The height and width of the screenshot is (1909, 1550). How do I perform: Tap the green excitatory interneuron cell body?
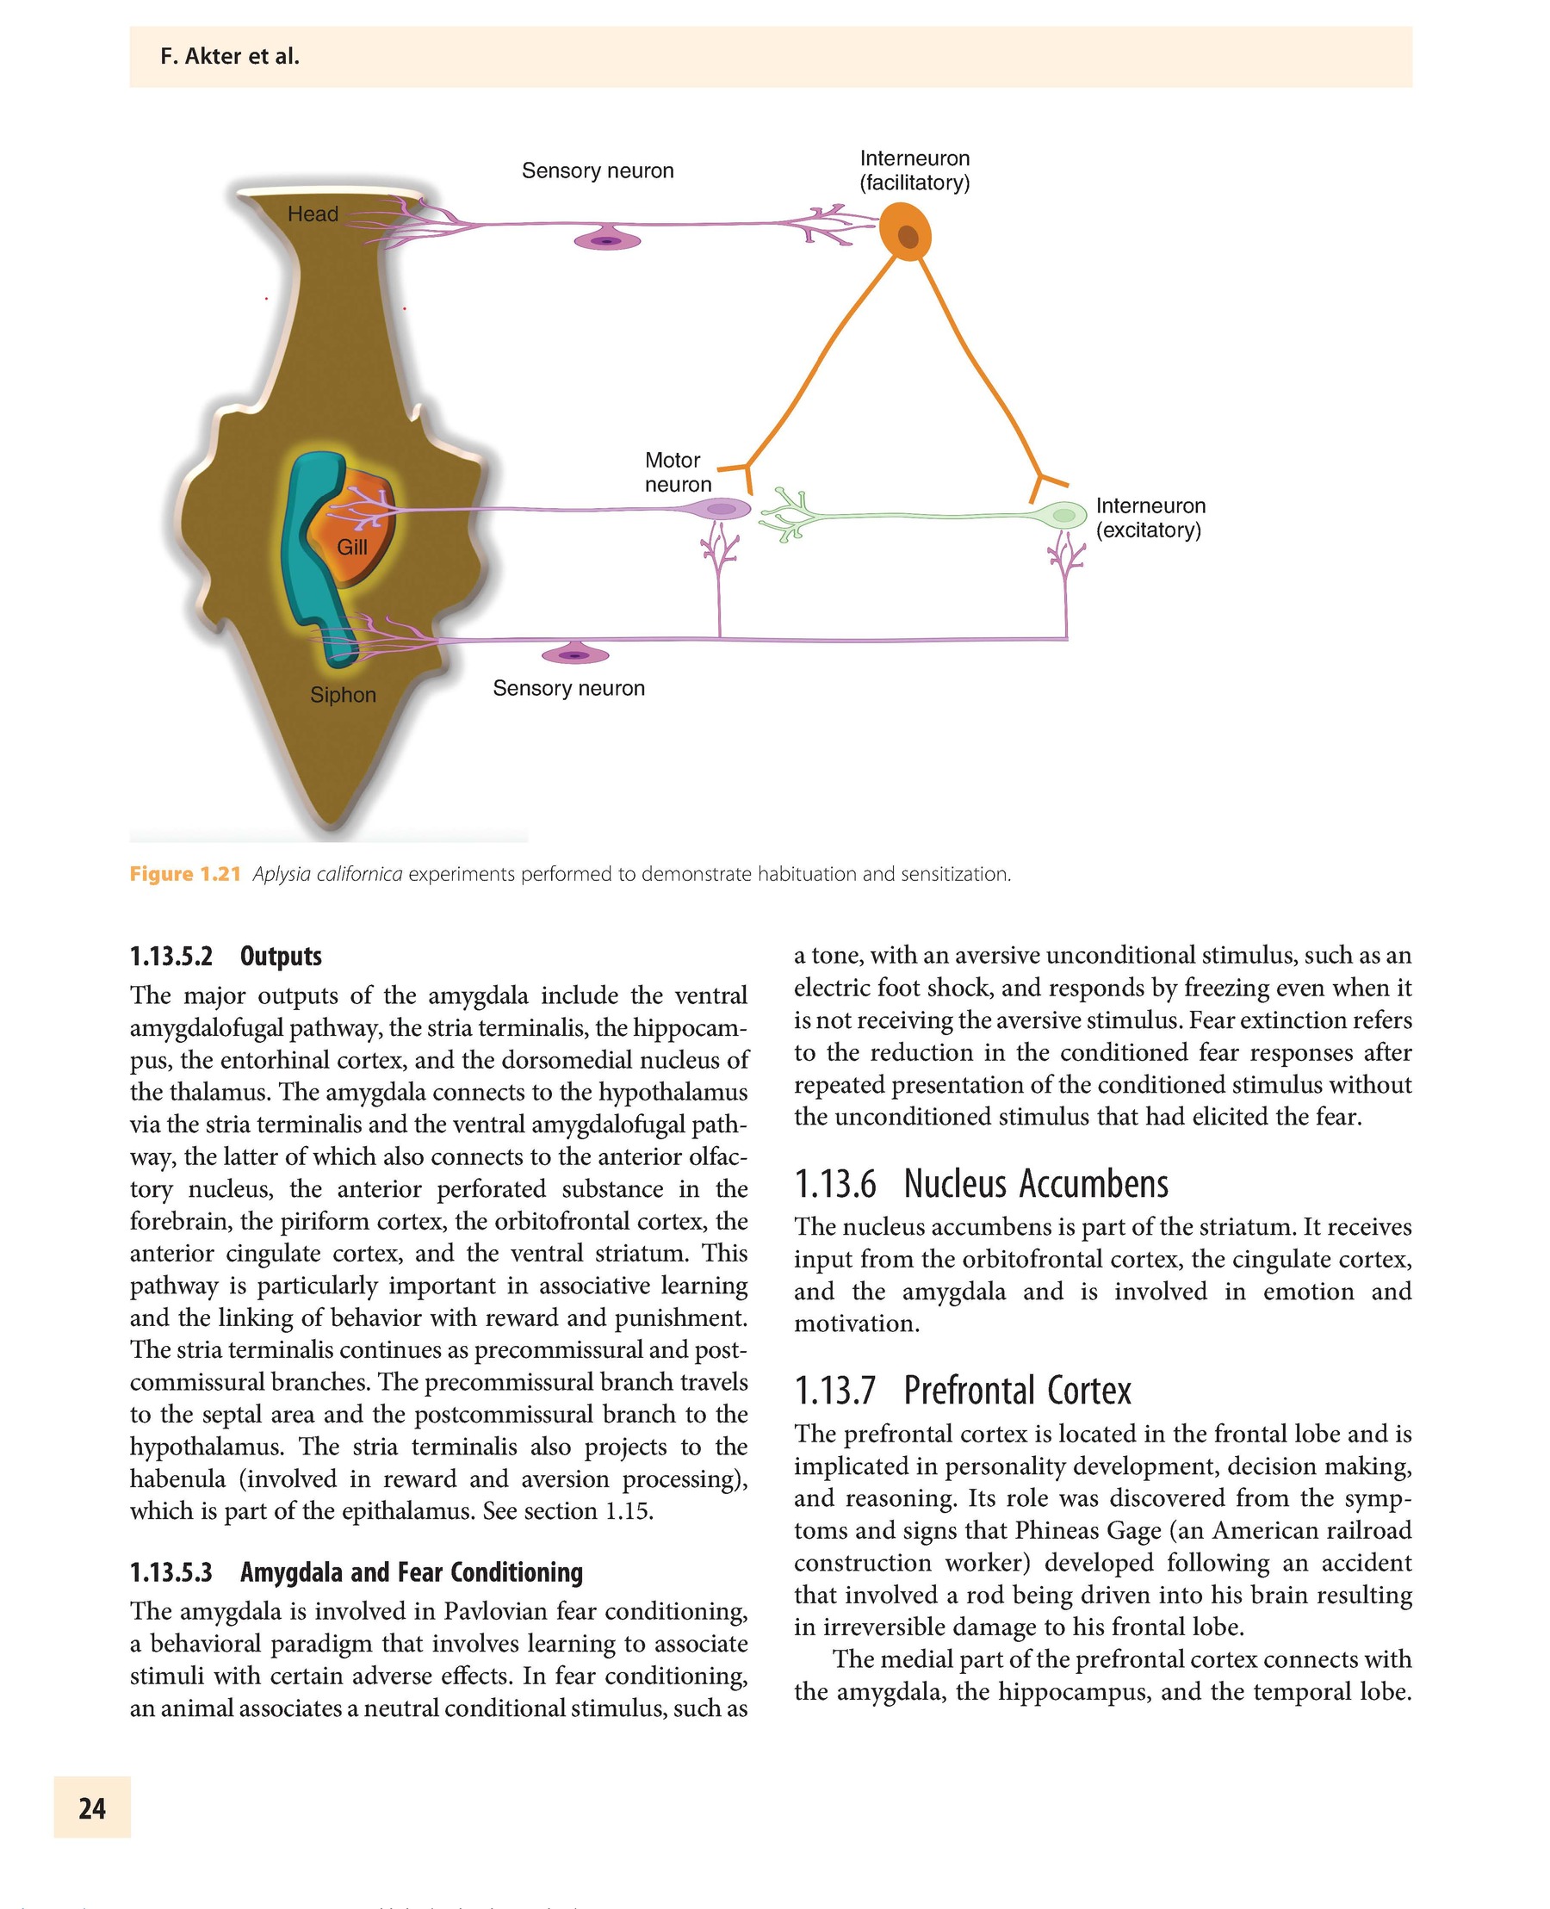pos(1063,514)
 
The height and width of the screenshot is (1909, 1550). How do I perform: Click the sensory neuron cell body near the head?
pos(607,240)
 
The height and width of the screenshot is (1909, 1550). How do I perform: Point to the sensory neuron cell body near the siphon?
pos(575,655)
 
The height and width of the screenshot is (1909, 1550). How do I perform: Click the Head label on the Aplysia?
pos(313,214)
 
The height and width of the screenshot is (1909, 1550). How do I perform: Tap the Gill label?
pos(352,548)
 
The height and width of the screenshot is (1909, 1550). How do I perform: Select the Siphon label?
pos(343,695)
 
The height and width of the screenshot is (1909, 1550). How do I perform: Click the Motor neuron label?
pos(678,473)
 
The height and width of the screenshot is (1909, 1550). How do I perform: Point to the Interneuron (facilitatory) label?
pos(914,170)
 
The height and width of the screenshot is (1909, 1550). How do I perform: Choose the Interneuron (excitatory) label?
pos(1150,518)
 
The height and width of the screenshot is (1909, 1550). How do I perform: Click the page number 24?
pos(92,1808)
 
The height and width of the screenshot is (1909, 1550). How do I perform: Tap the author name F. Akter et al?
pos(229,57)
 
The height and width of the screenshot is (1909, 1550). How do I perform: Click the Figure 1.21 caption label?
pos(185,874)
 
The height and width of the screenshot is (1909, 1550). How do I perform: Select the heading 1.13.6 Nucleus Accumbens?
pos(980,1184)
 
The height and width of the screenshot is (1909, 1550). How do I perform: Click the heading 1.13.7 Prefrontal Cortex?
pos(962,1391)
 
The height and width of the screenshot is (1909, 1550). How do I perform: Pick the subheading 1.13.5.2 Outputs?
pos(225,957)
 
